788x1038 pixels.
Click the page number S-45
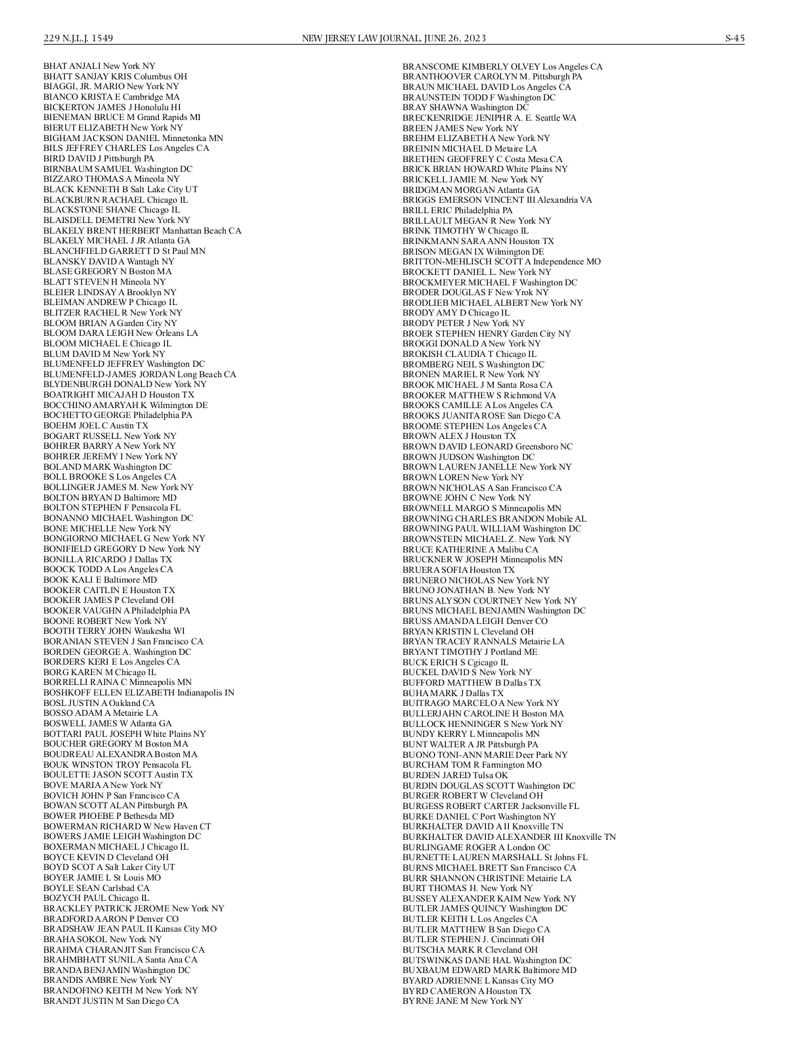734,38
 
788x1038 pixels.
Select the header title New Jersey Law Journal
393,38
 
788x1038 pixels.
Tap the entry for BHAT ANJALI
99,66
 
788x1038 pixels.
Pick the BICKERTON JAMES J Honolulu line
112,107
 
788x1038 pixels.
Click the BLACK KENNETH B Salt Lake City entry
120,190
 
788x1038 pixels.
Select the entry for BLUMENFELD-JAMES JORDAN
139,374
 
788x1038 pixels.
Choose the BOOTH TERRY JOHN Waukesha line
114,631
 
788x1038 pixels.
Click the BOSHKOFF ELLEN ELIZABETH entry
139,692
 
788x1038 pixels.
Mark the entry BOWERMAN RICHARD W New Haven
127,826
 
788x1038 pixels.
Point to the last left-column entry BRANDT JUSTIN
111,1001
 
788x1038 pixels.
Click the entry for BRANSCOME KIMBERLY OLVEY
502,67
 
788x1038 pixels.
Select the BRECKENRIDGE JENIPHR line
489,118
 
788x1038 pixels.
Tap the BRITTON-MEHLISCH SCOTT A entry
502,262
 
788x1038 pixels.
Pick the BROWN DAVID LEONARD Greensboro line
487,446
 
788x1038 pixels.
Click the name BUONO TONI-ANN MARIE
485,755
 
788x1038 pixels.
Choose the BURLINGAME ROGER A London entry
476,847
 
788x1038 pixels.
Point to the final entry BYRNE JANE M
462,1001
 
